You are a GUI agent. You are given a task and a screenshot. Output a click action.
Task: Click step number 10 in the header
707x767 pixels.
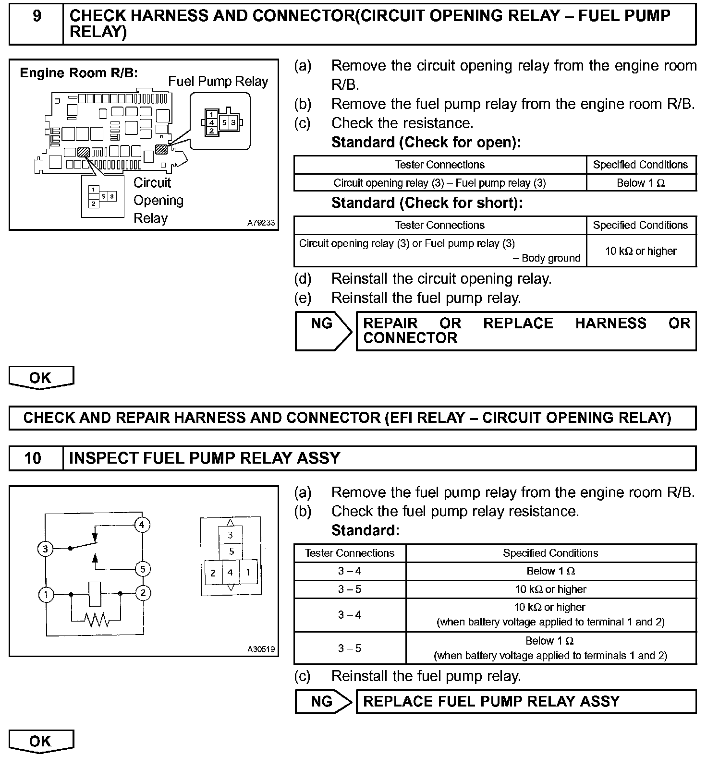pyautogui.click(x=33, y=458)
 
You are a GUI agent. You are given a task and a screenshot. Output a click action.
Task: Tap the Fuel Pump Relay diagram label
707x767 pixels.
pyautogui.click(x=218, y=82)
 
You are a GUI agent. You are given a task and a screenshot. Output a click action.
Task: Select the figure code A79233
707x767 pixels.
pyautogui.click(x=261, y=223)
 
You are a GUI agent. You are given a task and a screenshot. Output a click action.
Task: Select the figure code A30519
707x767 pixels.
pyautogui.click(x=261, y=649)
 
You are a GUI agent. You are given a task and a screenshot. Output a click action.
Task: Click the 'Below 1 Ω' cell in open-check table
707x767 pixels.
pyautogui.click(x=641, y=183)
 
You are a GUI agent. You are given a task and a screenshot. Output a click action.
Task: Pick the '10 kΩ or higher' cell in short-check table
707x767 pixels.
pyautogui.click(x=641, y=251)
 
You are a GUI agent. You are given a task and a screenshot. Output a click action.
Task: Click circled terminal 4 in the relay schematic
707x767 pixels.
pyautogui.click(x=142, y=525)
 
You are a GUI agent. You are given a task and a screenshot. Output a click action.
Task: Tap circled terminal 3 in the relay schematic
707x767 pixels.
pyautogui.click(x=46, y=549)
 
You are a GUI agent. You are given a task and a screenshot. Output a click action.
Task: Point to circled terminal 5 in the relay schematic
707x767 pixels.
pyautogui.click(x=143, y=569)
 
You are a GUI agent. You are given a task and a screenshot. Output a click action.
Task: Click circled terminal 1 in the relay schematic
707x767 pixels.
pyautogui.click(x=46, y=595)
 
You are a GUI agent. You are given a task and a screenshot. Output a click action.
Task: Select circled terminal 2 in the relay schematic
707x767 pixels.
pyautogui.click(x=143, y=593)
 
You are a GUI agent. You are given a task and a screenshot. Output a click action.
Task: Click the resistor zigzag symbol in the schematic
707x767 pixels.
pyautogui.click(x=97, y=620)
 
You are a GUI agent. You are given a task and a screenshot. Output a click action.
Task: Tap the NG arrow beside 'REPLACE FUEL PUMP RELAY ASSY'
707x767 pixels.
pyautogui.click(x=323, y=702)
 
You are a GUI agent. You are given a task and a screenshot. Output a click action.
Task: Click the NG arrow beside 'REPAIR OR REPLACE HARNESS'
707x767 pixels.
pyautogui.click(x=323, y=330)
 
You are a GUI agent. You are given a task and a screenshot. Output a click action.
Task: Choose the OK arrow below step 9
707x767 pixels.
pyautogui.click(x=41, y=378)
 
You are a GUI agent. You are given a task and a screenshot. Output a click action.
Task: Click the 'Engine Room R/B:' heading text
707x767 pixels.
pyautogui.click(x=79, y=73)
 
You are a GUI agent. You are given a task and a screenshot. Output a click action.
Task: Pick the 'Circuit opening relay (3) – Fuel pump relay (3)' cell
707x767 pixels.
pyautogui.click(x=439, y=183)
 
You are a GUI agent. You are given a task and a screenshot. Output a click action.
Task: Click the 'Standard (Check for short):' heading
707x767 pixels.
pyautogui.click(x=427, y=203)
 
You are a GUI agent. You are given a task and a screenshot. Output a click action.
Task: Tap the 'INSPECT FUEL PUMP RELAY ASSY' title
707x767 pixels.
pyautogui.click(x=205, y=458)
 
